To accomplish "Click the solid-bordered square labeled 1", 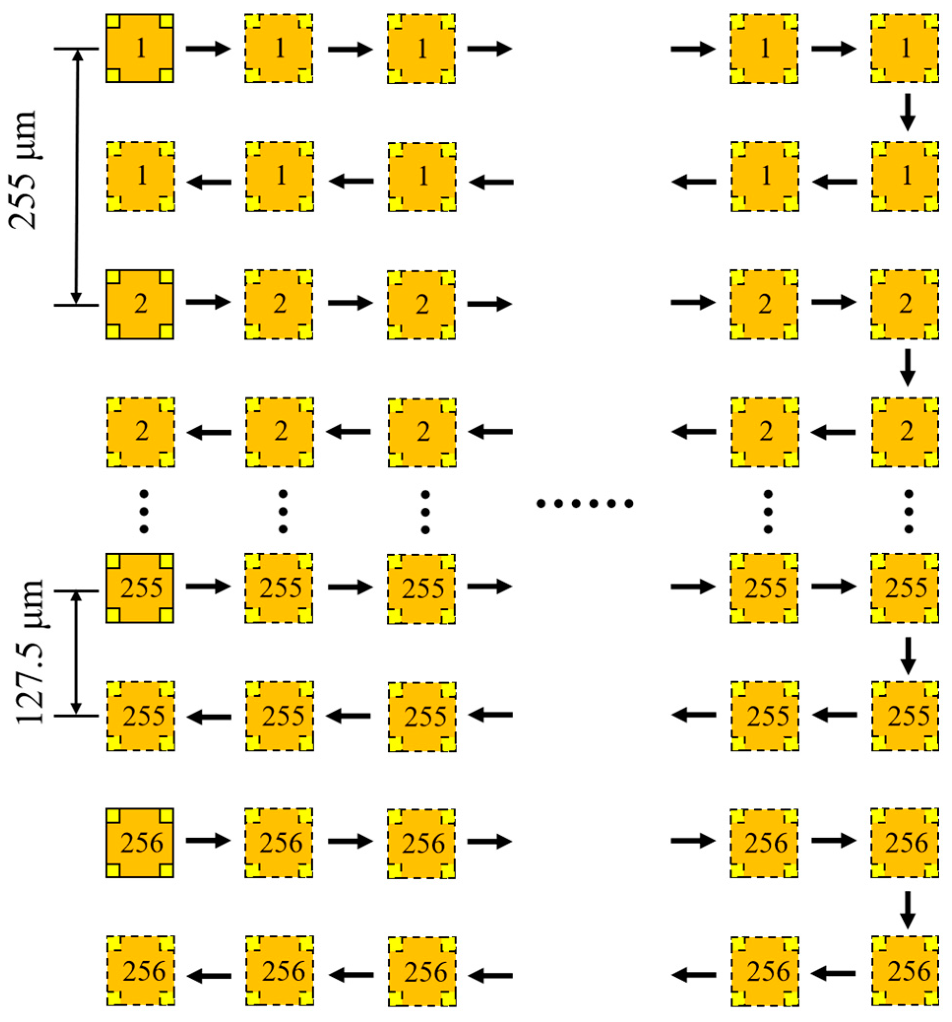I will point(140,48).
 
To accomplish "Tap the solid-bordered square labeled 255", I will point(140,588).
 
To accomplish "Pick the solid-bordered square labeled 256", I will point(140,842).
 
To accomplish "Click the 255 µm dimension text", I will point(23,170).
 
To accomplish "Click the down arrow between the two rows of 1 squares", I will point(907,112).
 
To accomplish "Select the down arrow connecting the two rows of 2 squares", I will point(907,367).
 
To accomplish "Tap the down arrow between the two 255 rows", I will point(907,655).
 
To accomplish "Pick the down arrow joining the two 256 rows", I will point(907,909).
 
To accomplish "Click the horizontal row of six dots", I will point(584,503).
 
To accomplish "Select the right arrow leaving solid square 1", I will point(208,49).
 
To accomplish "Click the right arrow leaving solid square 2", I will point(208,302).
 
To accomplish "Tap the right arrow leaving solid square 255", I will point(208,586).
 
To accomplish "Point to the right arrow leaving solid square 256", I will point(208,840).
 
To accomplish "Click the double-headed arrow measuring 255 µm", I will point(77,177).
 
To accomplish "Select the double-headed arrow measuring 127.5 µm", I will point(77,653).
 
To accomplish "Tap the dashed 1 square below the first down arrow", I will point(905,176).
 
